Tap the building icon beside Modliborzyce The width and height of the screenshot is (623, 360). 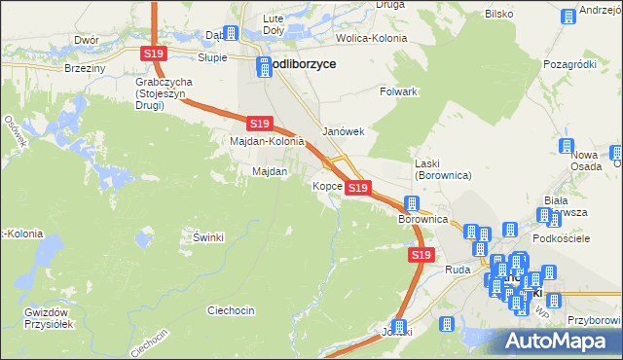pos(264,66)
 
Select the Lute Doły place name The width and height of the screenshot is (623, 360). pos(272,23)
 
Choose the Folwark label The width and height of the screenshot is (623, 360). pos(398,91)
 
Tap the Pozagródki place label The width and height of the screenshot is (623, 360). pos(569,63)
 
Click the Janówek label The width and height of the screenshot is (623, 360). pos(343,131)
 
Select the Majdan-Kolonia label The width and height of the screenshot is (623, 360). pos(267,142)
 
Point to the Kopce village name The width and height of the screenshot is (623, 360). pos(325,185)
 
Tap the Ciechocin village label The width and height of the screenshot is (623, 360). pos(231,310)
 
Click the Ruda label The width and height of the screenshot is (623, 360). pos(458,269)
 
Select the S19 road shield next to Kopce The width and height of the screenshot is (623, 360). pos(358,187)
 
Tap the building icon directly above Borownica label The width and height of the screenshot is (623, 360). pos(412,204)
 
